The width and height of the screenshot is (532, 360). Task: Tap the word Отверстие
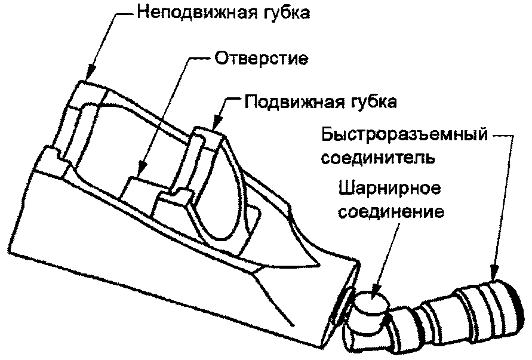click(x=260, y=59)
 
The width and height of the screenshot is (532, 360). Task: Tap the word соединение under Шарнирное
click(x=390, y=213)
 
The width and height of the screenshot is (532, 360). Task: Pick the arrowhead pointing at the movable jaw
click(x=216, y=127)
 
